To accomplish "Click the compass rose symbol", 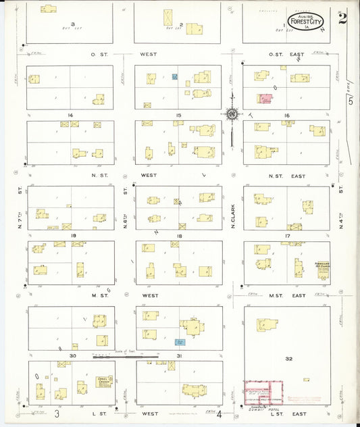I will click(232, 115).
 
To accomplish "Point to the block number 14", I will click(70, 116).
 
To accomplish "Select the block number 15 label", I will click(178, 116).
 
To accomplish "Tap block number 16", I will click(287, 116).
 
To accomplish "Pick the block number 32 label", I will click(288, 359).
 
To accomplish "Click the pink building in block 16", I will click(265, 99).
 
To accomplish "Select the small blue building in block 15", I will click(174, 77).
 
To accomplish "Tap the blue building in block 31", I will click(180, 343).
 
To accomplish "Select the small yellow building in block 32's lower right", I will click(307, 380).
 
